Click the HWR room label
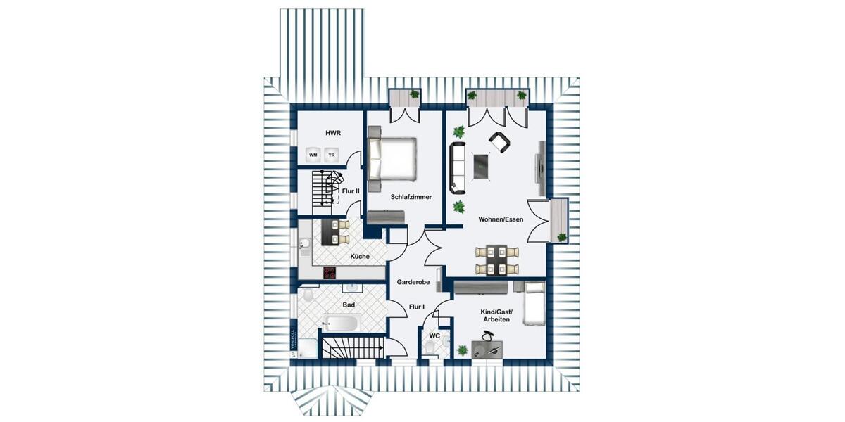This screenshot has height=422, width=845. tap(332, 132)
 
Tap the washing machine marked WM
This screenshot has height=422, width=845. tap(313, 155)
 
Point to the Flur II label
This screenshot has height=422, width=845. tap(350, 191)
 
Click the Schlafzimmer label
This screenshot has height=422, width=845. tap(411, 197)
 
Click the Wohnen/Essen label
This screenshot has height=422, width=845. tap(501, 219)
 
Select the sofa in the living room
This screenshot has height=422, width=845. tap(458, 167)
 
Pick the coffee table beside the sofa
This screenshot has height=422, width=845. tap(482, 166)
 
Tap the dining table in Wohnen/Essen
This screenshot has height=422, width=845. tap(498, 260)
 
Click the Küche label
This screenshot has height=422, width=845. tap(358, 257)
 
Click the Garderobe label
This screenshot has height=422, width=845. tap(413, 281)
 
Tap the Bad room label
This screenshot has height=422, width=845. tap(349, 305)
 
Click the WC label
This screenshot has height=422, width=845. tap(434, 336)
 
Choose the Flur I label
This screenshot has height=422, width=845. tap(417, 307)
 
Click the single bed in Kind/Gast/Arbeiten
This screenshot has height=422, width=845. tap(534, 303)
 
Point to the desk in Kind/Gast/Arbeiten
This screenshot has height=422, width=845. tap(487, 348)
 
